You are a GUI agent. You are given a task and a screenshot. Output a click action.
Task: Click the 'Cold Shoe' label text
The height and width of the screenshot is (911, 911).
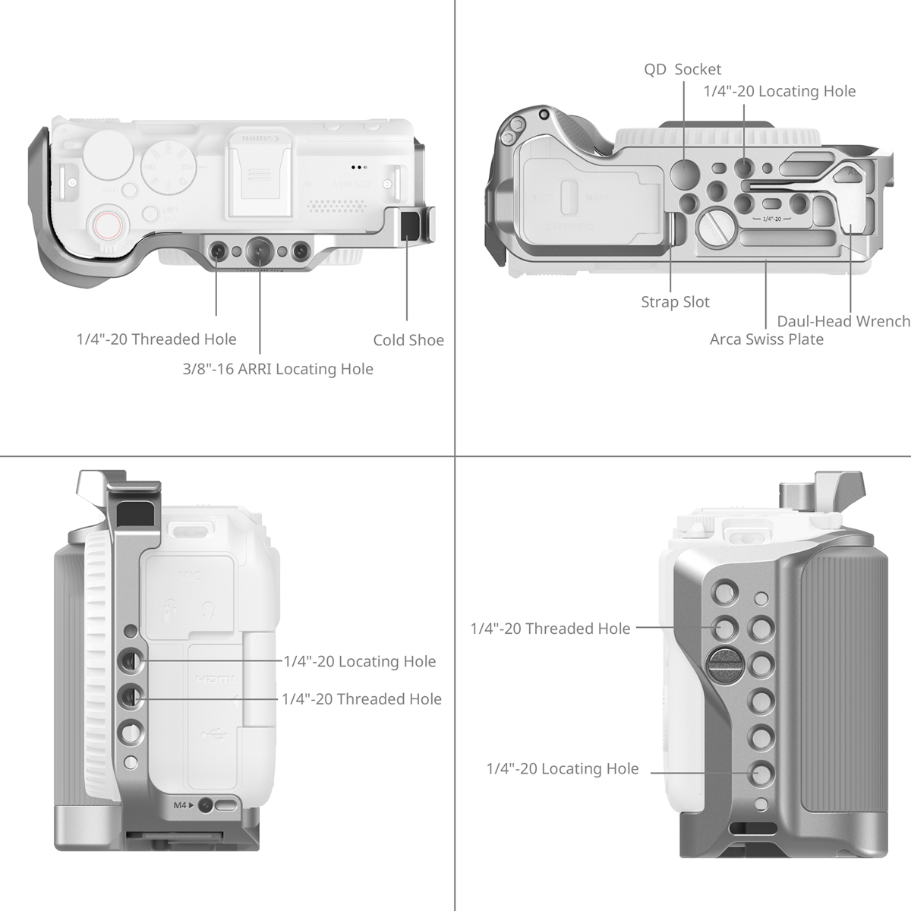coord(408,340)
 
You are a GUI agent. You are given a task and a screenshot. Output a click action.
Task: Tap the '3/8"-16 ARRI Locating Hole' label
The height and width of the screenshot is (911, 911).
coord(278,369)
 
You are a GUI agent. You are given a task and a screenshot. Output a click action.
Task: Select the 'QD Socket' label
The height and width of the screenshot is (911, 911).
coord(682,70)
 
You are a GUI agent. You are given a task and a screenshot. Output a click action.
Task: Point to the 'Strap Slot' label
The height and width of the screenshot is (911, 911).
coord(675,302)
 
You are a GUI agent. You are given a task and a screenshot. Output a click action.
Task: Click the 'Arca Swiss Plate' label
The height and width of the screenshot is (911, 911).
coord(766,339)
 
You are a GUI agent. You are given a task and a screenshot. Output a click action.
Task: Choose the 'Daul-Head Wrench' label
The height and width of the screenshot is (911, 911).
coord(843,321)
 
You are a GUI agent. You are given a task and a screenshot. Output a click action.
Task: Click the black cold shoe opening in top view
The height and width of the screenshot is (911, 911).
coord(411,226)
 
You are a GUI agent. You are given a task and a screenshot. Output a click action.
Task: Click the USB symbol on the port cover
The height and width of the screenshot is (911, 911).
coord(212,735)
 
